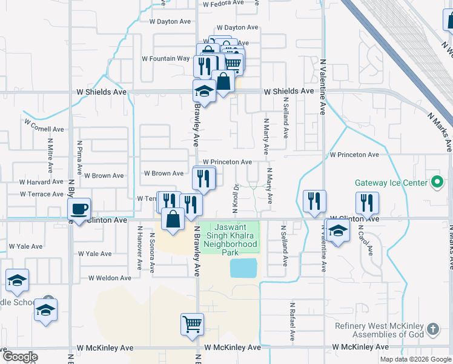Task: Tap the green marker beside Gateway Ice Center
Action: [437, 182]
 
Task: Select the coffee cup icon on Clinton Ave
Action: [79, 210]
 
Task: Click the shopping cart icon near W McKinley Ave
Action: [192, 323]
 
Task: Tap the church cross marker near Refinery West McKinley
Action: [432, 329]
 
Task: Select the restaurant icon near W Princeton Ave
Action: [203, 178]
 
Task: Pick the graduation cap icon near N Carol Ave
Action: [338, 231]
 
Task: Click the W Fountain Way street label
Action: [165, 59]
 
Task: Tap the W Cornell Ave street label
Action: [44, 129]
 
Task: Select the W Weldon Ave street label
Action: [110, 278]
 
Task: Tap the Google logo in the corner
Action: [21, 357]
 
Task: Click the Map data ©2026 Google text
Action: [415, 359]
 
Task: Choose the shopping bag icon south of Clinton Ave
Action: [173, 220]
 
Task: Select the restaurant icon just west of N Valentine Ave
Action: [314, 202]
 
